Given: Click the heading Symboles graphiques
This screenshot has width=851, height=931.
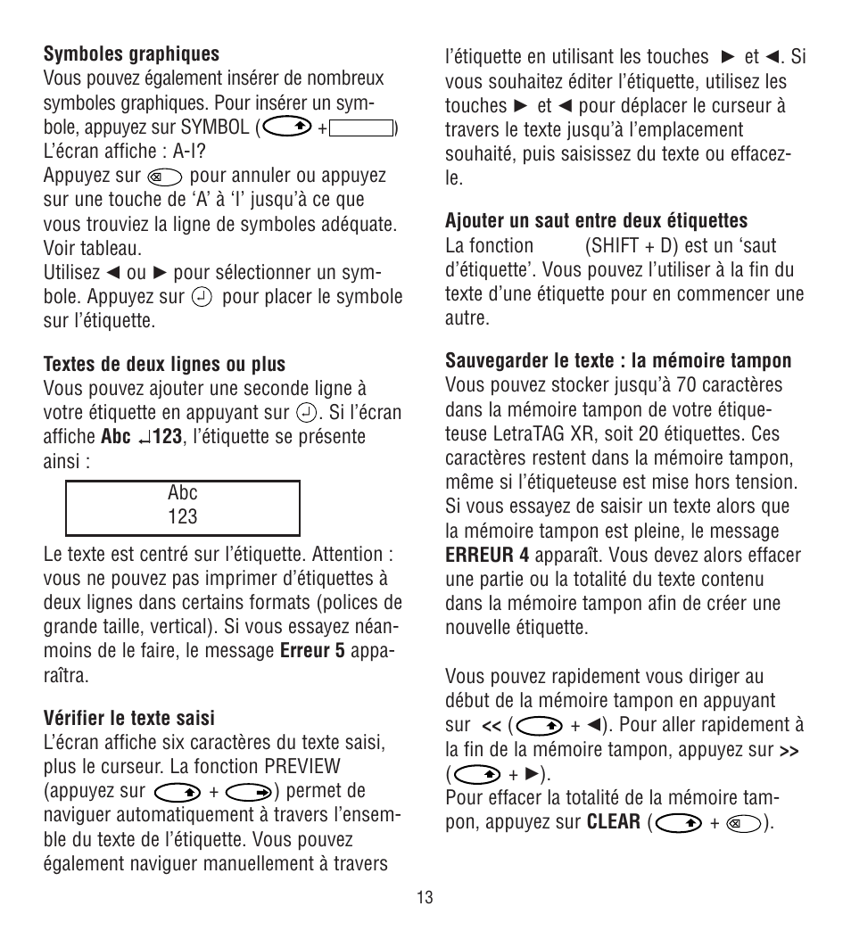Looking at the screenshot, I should pyautogui.click(x=131, y=54).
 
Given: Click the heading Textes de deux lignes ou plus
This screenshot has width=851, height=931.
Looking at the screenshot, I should pyautogui.click(x=164, y=364).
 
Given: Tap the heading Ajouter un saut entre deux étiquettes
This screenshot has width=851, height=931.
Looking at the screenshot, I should pyautogui.click(x=596, y=220).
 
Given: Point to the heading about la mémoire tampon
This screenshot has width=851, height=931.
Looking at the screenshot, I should pyautogui.click(x=618, y=361).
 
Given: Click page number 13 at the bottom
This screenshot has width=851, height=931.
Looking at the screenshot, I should pyautogui.click(x=425, y=897).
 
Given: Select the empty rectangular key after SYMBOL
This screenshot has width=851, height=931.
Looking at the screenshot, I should pyautogui.click(x=361, y=128).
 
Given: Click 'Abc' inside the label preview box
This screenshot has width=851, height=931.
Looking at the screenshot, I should pyautogui.click(x=183, y=493).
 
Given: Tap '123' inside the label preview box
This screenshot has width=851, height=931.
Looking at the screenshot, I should pyautogui.click(x=183, y=517).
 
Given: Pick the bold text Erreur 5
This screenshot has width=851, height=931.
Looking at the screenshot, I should pyautogui.click(x=311, y=651).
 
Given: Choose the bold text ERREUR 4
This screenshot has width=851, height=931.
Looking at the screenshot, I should pyautogui.click(x=487, y=556).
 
